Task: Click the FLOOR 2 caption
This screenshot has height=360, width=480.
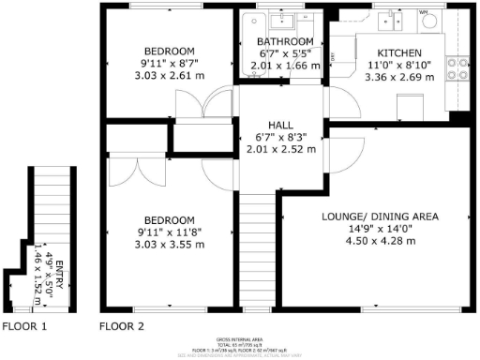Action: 122,327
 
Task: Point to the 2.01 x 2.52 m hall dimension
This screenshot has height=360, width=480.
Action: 281,148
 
